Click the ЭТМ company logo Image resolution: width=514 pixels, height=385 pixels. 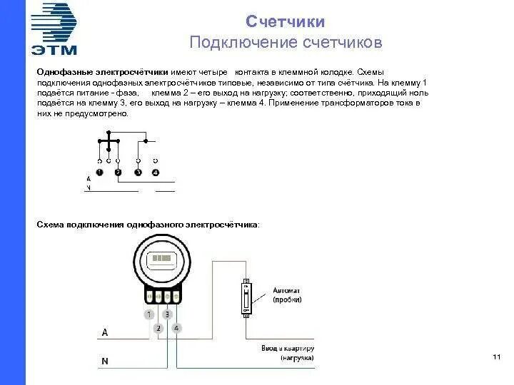[x=54, y=29]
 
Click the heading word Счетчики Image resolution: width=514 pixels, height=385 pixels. [x=286, y=21]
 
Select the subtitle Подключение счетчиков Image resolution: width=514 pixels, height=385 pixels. [x=286, y=43]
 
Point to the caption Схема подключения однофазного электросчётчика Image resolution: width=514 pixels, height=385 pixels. [x=148, y=225]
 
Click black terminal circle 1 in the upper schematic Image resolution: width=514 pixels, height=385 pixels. [x=99, y=173]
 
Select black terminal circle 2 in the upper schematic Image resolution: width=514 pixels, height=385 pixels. [x=119, y=173]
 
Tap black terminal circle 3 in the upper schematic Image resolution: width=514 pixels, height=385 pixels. [x=138, y=173]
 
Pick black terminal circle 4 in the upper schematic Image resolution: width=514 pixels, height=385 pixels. [x=156, y=173]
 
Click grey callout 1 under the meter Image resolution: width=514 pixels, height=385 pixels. [x=149, y=314]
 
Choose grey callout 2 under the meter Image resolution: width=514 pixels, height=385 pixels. [x=158, y=328]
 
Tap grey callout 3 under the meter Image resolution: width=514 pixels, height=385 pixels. [x=168, y=314]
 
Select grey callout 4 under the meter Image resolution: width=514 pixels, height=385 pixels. [x=177, y=328]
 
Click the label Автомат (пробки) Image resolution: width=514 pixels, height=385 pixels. [x=287, y=296]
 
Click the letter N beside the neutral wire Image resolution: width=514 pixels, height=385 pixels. [x=105, y=361]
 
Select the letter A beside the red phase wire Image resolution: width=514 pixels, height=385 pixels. [x=105, y=333]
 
